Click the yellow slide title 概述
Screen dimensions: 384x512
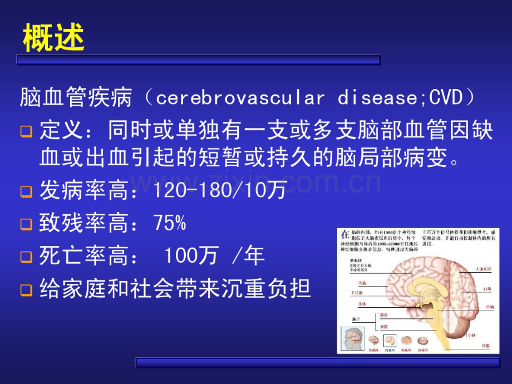(x=54, y=38)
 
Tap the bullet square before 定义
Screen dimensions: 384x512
(x=26, y=132)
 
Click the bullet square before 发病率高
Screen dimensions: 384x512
(x=26, y=192)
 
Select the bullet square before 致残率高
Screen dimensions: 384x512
(x=26, y=224)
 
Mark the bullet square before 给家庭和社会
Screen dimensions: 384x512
(x=26, y=290)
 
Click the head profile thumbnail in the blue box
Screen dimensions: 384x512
(x=353, y=341)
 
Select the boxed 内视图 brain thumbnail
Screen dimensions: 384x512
(x=390, y=341)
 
